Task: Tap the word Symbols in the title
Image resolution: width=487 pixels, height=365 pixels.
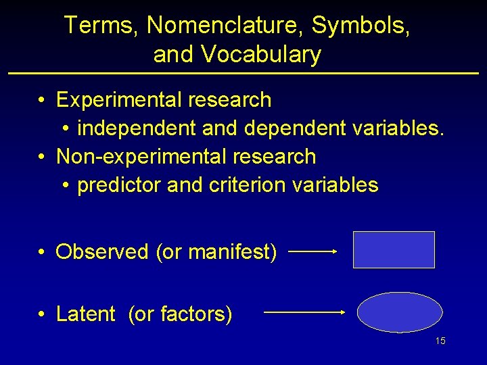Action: coord(360,26)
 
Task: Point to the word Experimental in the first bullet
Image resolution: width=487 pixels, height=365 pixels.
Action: coord(120,100)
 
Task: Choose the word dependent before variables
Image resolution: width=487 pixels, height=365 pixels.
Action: coord(295,128)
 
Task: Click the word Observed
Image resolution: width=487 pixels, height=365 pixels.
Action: coord(102,252)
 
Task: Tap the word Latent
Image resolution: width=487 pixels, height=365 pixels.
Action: coord(86,314)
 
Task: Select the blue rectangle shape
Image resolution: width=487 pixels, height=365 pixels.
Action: coord(394,250)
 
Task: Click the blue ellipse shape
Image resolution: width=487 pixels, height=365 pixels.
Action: coord(400,312)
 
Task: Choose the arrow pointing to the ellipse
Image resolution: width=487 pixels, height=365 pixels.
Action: coord(304,312)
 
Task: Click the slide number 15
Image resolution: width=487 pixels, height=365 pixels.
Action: coord(440,341)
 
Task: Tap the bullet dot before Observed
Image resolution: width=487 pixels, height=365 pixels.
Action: coord(42,253)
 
